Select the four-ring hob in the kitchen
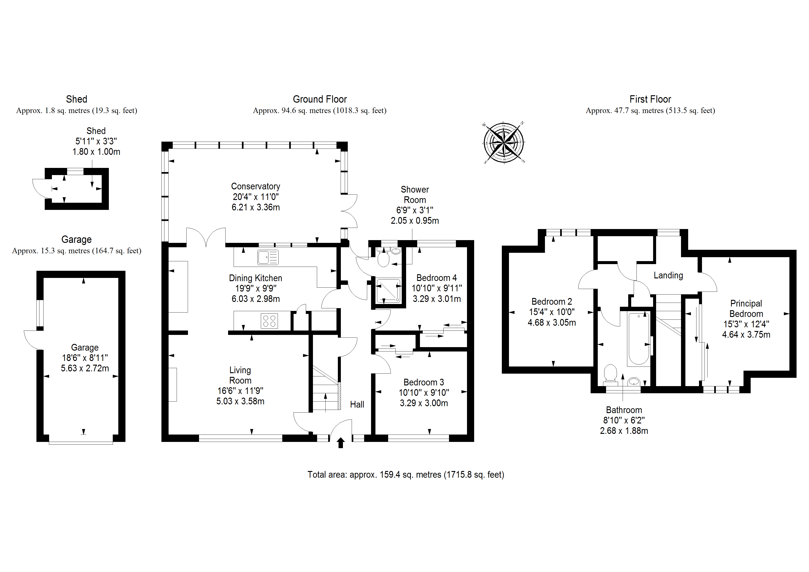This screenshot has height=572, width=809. [269, 321]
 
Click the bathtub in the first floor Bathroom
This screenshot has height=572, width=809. [639, 339]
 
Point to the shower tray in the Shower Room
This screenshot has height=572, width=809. [388, 291]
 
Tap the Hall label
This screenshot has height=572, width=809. [357, 404]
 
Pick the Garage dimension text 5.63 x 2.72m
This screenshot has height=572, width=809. [85, 368]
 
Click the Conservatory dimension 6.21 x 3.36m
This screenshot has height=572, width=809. [256, 207]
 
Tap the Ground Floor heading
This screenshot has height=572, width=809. [320, 99]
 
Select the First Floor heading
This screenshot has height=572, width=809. [650, 99]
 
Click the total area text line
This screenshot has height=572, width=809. [406, 475]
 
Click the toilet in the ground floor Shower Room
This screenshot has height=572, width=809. [383, 260]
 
